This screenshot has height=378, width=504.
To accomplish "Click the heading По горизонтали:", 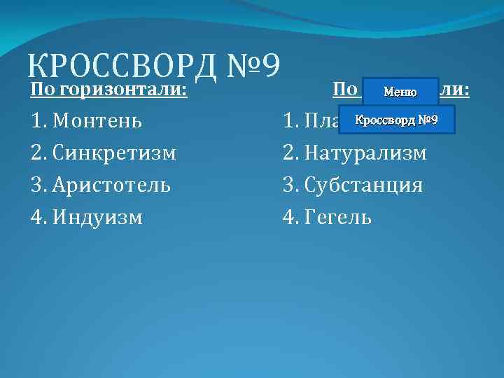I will click(x=108, y=90).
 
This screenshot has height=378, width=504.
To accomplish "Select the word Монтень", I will click(x=98, y=121).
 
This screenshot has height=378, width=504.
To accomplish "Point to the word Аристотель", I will click(x=112, y=185).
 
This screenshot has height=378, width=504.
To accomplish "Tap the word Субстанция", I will click(x=363, y=185).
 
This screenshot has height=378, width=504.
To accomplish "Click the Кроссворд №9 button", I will click(x=396, y=120).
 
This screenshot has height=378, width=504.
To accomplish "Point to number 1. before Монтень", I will click(x=38, y=121).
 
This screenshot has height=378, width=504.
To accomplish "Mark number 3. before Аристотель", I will click(x=38, y=185).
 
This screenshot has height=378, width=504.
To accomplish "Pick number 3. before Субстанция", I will click(x=290, y=185).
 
